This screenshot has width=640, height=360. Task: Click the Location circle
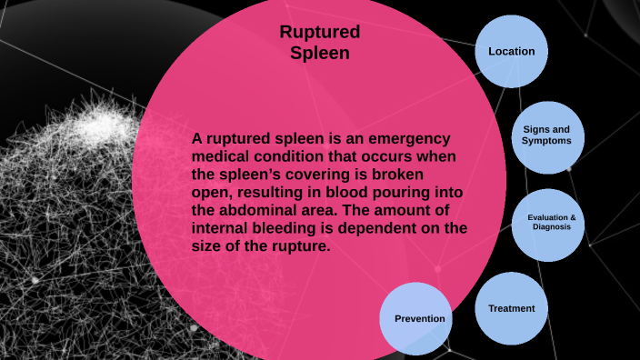(512, 52)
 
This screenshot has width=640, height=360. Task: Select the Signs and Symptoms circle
(547, 135)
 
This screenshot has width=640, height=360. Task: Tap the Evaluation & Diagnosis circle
(551, 223)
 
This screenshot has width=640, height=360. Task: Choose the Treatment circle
(512, 308)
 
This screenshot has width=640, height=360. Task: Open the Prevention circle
(419, 318)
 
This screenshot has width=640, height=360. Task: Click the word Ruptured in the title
(320, 33)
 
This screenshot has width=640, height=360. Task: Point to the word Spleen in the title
(320, 53)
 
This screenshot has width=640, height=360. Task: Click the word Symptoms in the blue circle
(546, 142)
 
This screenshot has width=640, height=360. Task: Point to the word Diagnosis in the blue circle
(551, 227)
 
